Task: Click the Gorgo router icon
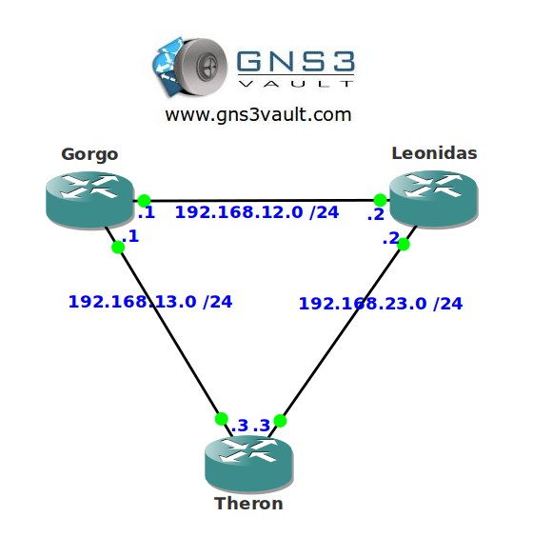tap(89, 200)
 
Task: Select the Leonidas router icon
tap(434, 199)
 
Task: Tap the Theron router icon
tap(248, 465)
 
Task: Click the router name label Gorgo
tap(89, 154)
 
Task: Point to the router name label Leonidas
tap(434, 153)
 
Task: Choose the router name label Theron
tap(248, 504)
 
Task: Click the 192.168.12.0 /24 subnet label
tap(257, 212)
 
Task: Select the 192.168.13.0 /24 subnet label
tap(150, 302)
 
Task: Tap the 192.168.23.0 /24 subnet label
tap(381, 304)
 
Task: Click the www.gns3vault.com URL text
tap(259, 114)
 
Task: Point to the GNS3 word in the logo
tap(296, 61)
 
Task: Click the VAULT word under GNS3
tap(296, 84)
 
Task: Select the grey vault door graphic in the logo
tap(203, 66)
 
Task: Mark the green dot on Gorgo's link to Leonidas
tap(144, 201)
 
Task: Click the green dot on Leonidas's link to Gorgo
tap(381, 200)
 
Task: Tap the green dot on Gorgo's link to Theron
tap(118, 247)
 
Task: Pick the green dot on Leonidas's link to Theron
tap(404, 244)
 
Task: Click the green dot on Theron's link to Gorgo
tap(222, 419)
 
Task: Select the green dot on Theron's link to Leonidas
tap(280, 421)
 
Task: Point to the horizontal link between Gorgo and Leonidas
tap(262, 200)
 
